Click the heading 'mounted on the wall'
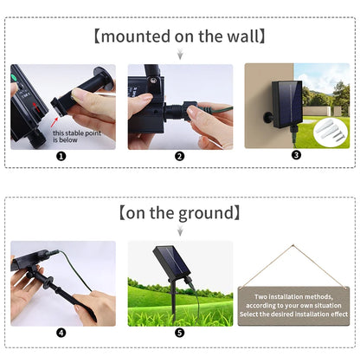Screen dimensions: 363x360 pyautogui.click(x=180, y=37)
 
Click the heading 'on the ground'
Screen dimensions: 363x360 pyautogui.click(x=180, y=213)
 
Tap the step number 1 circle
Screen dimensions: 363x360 pyautogui.click(x=61, y=157)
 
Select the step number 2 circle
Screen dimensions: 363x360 pyautogui.click(x=180, y=157)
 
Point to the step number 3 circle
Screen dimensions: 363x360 pyautogui.click(x=296, y=156)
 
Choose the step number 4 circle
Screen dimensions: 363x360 pyautogui.click(x=61, y=333)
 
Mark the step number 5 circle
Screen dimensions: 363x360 pyautogui.click(x=180, y=333)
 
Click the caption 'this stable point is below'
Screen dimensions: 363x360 pyautogui.click(x=72, y=135)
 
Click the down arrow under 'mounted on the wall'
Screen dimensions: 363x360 pyautogui.click(x=180, y=55)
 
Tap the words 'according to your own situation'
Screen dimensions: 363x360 pyautogui.click(x=296, y=304)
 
